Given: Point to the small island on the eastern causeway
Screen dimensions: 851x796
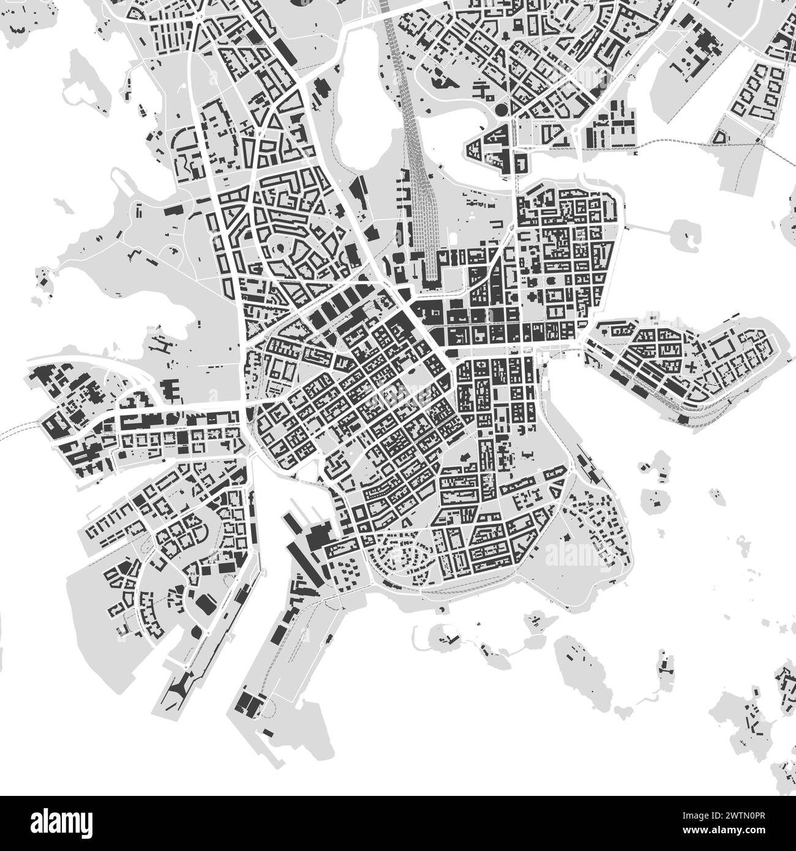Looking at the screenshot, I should click(683, 232).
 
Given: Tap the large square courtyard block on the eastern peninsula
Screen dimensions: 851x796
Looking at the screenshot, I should click(721, 349).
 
